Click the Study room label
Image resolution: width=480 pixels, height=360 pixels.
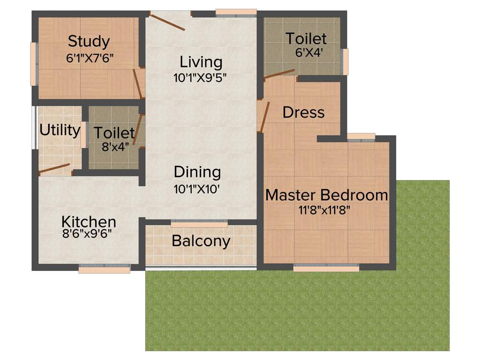pos(89,41)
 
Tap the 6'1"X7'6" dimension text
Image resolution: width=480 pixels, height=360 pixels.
pos(90,58)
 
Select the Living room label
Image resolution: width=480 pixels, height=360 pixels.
pos(201,62)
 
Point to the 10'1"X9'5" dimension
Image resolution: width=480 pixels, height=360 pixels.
pos(200,78)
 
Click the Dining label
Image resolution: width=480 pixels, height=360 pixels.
pos(197,172)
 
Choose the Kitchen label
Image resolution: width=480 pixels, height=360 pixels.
pos(89,221)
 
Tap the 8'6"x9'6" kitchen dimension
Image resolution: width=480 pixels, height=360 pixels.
pos(87,233)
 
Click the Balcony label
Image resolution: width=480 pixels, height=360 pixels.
pos(201,241)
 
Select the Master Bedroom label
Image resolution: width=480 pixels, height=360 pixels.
pos(326,195)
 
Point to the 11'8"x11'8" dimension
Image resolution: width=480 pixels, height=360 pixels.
pos(325,210)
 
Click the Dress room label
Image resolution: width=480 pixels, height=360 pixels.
pos(304,112)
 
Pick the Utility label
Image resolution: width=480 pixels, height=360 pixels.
pos(60,130)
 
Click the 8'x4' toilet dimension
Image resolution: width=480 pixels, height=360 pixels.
pos(115,147)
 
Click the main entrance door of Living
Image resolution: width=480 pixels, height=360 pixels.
pos(167,22)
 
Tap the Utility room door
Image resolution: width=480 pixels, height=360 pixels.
pos(54,169)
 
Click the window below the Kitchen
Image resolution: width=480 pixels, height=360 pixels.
pos(104,269)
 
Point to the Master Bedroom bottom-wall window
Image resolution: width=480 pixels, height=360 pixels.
pos(326,268)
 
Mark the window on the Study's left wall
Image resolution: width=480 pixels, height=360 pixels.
pos(33,64)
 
